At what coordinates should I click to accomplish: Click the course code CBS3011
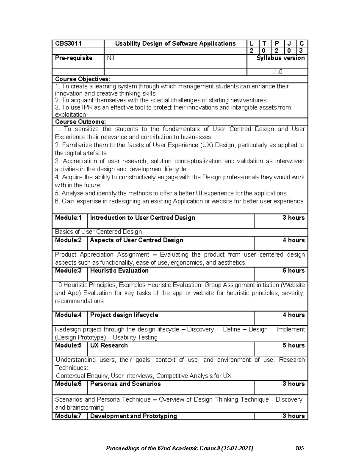pos(68,44)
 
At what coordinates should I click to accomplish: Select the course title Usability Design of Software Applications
pos(175,44)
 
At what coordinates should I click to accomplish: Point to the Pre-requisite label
pos(74,58)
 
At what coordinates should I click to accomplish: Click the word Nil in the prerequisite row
pos(111,58)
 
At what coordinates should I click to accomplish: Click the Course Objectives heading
pos(82,79)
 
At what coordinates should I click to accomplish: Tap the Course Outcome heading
pos(80,122)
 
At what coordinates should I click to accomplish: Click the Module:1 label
pos(68,218)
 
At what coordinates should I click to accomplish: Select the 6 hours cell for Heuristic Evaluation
pos(293,271)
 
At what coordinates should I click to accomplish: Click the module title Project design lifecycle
pos(124,315)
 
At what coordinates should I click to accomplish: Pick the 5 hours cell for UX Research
pos(293,346)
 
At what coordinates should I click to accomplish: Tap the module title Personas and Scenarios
pos(125,384)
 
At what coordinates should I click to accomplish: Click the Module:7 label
pos(68,416)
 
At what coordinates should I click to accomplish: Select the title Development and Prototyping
pos(133,416)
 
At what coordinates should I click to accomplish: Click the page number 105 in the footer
pos(299,448)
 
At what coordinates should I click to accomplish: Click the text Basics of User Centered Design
pos(98,232)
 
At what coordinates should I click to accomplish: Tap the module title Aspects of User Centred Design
pos(136,240)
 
